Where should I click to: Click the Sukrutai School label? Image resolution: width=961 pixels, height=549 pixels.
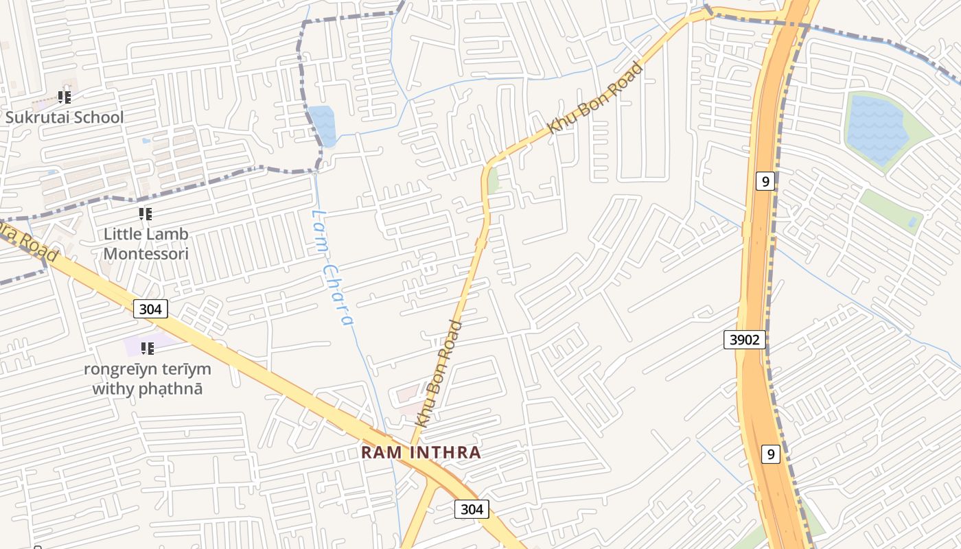pyautogui.click(x=65, y=117)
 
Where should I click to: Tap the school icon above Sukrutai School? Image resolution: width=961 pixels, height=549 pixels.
pyautogui.click(x=65, y=97)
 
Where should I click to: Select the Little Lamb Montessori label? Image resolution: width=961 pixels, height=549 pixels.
pyautogui.click(x=146, y=244)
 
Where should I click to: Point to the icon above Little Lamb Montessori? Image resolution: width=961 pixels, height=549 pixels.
pyautogui.click(x=145, y=214)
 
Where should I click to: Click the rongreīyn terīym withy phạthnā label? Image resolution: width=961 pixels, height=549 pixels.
pyautogui.click(x=147, y=379)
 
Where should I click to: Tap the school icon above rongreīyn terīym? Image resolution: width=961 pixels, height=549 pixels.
pyautogui.click(x=147, y=349)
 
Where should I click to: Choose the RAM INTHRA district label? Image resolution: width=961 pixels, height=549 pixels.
pyautogui.click(x=421, y=453)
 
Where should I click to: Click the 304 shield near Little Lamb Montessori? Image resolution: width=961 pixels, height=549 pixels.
pyautogui.click(x=150, y=309)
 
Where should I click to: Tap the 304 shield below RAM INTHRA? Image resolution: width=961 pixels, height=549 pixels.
pyautogui.click(x=472, y=509)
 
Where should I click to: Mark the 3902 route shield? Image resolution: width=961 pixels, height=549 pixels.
pyautogui.click(x=744, y=339)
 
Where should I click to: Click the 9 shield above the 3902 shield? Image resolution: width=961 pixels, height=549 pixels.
pyautogui.click(x=765, y=181)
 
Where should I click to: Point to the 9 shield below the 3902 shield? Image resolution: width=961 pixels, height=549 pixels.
pyautogui.click(x=771, y=454)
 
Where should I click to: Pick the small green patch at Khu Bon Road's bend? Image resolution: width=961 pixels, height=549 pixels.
pyautogui.click(x=494, y=180)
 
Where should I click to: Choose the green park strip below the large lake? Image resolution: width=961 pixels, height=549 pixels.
pyautogui.click(x=889, y=209)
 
